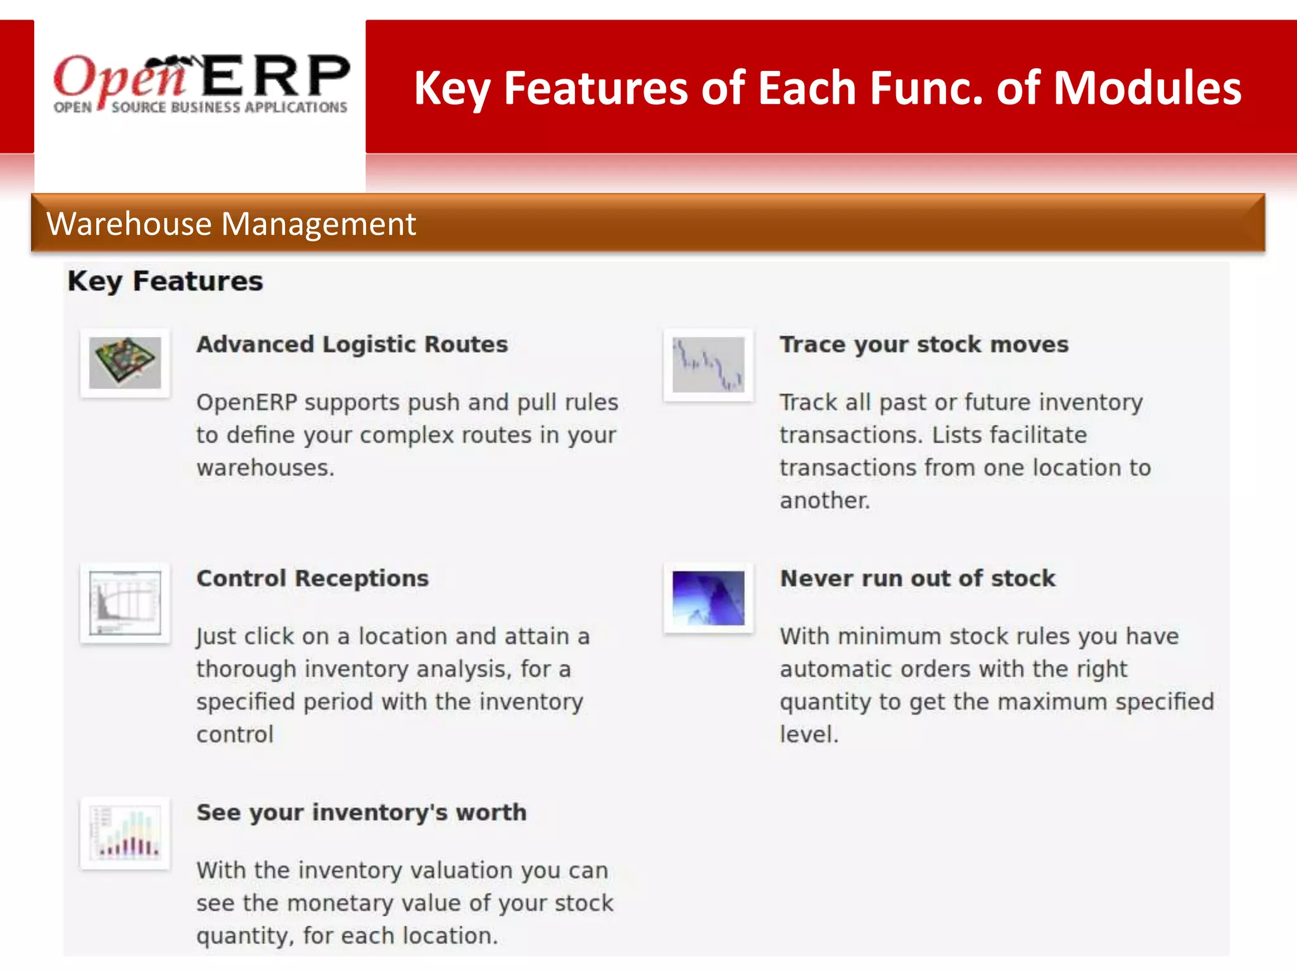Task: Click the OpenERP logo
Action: (201, 84)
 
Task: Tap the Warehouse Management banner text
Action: (231, 224)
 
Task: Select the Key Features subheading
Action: (165, 281)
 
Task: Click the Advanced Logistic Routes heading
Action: (352, 344)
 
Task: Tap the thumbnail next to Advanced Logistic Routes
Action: (125, 363)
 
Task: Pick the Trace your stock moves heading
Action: (924, 344)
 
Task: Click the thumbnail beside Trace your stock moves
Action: (708, 364)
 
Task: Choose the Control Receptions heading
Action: (312, 578)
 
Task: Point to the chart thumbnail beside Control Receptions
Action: (125, 602)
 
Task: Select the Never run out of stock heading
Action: (918, 578)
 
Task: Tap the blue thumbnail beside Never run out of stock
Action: (708, 598)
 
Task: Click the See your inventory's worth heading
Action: (361, 812)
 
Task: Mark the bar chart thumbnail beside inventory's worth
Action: (125, 833)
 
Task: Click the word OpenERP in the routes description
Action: (246, 402)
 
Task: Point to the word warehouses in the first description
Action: (264, 467)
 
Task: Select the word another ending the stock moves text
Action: (824, 500)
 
